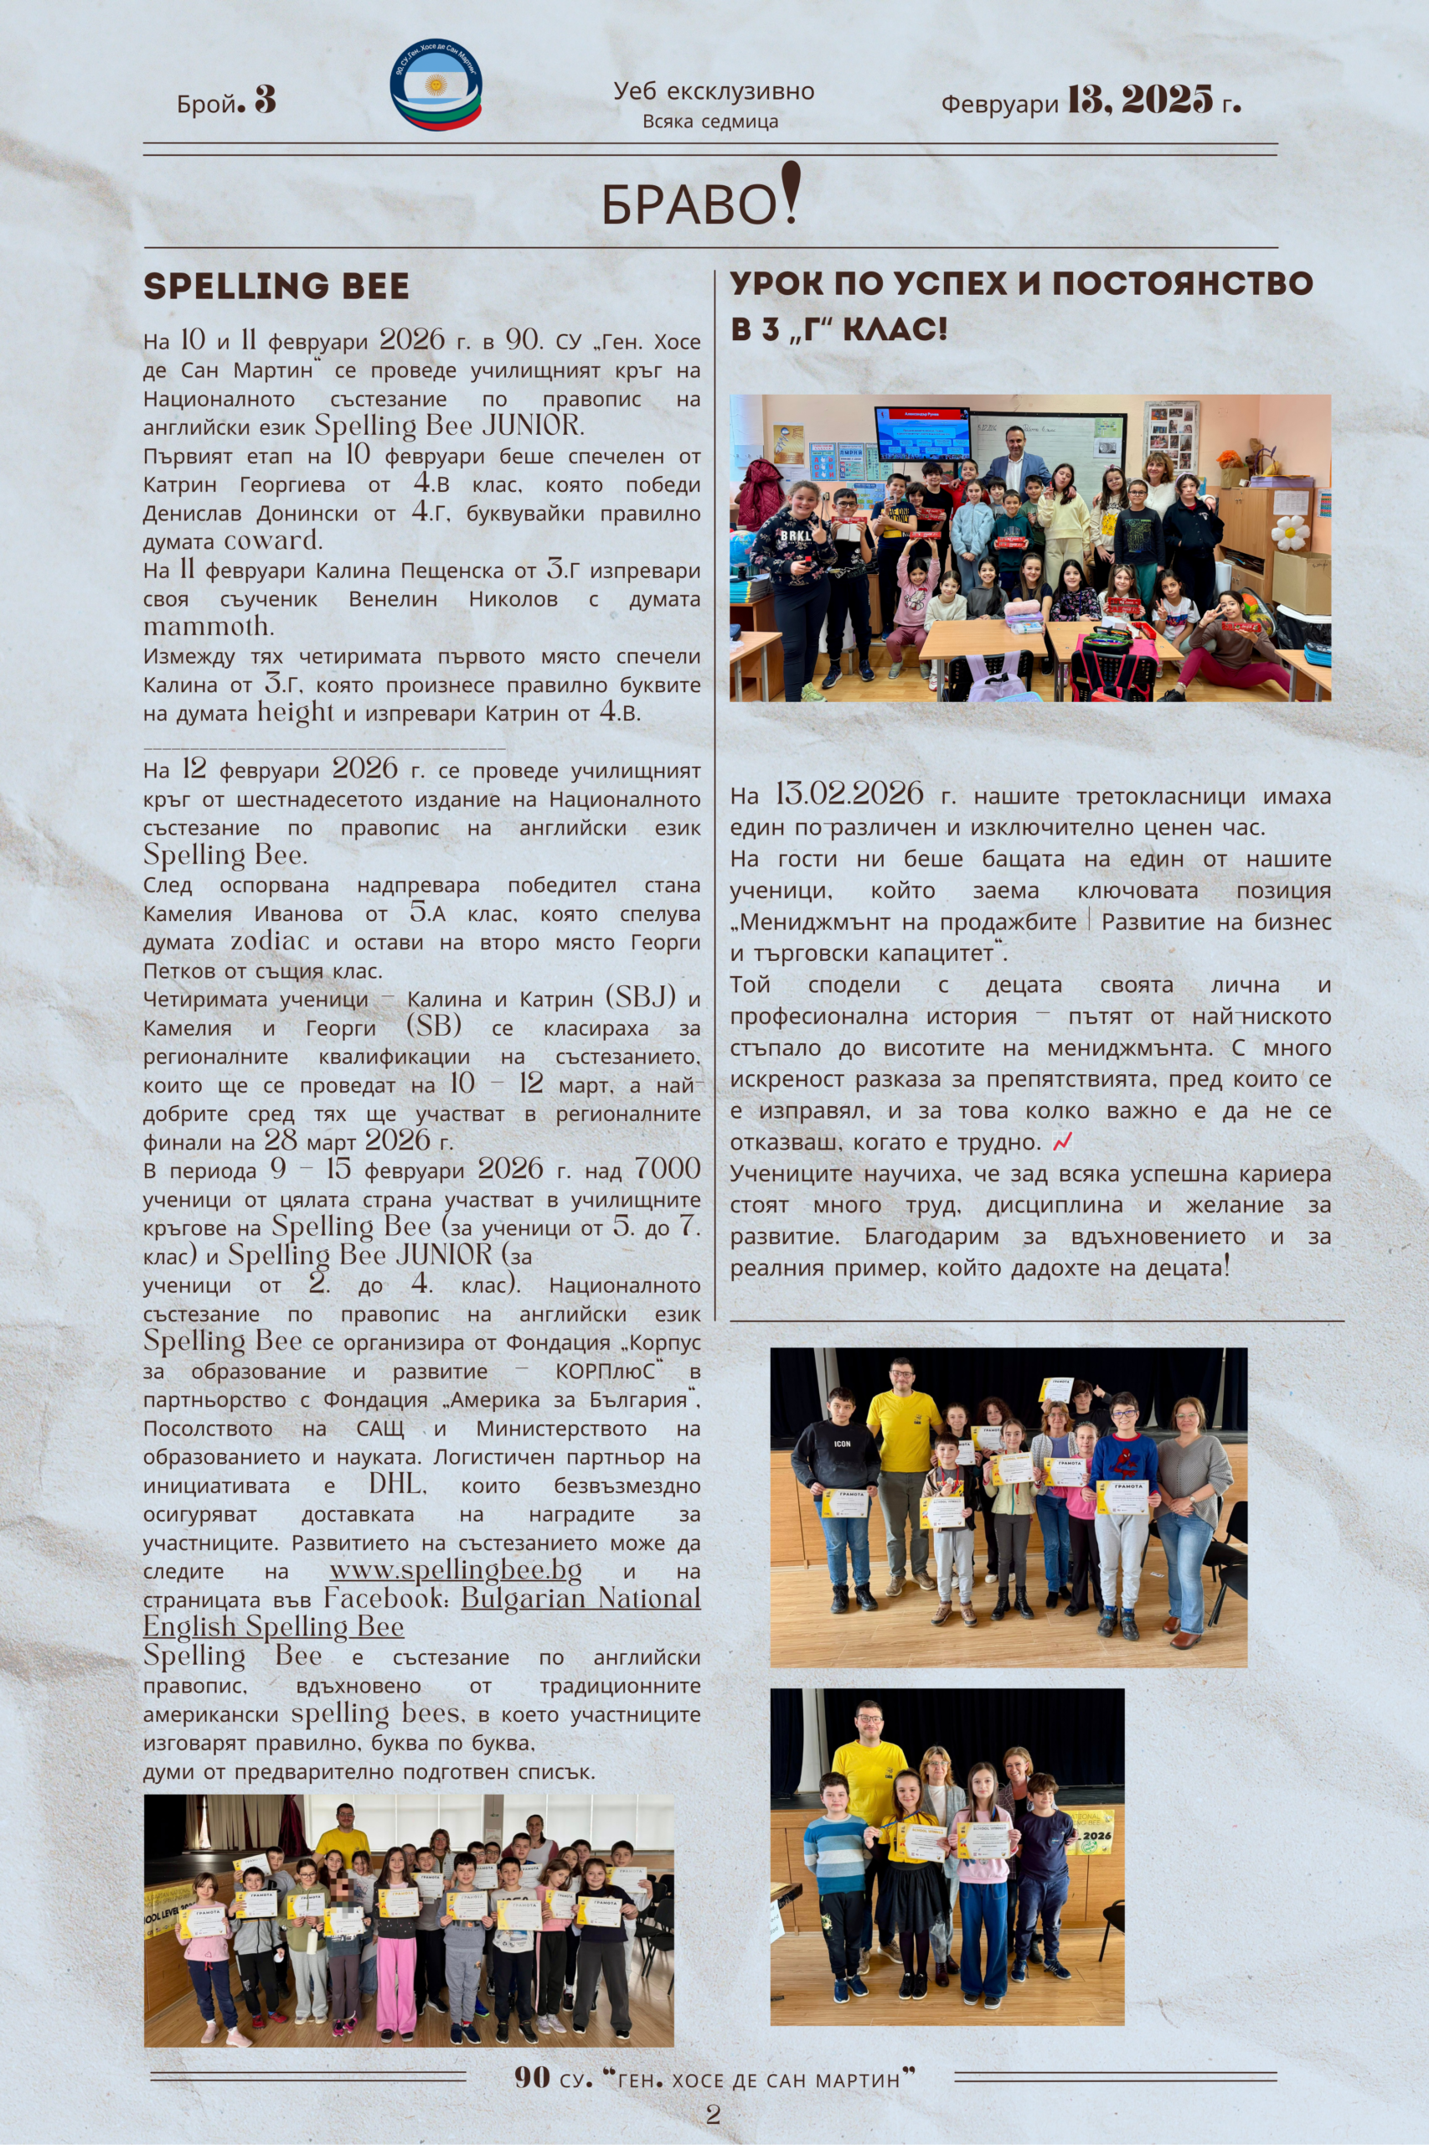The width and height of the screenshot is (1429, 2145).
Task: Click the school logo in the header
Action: [436, 85]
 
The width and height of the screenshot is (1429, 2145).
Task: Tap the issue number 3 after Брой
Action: [265, 101]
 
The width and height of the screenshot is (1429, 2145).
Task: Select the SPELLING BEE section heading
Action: [276, 287]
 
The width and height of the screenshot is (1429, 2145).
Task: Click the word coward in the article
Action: [272, 540]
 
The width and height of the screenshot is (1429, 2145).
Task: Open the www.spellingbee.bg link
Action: [455, 1571]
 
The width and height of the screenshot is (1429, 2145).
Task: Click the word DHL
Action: [396, 1485]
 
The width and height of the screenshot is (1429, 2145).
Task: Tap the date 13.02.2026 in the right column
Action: [849, 795]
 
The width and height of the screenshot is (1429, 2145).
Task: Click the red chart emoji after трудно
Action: [1062, 1141]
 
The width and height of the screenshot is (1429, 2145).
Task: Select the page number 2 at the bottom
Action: [713, 2114]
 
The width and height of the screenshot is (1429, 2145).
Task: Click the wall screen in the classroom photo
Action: [921, 434]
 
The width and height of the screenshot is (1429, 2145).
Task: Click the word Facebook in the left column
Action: [388, 1599]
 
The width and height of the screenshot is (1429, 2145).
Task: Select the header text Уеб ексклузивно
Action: [714, 91]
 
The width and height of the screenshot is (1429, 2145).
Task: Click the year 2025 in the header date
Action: [1167, 100]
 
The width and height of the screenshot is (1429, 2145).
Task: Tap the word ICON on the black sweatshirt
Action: [841, 1444]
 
